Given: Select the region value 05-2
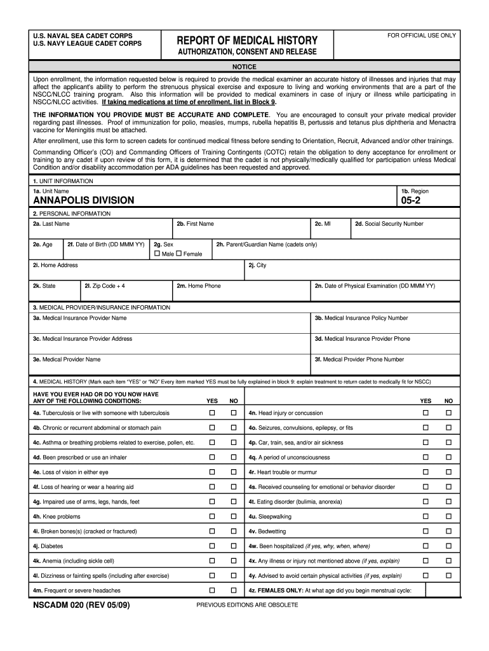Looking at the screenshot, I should tap(410, 200).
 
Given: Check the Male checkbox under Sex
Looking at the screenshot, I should tap(157, 254).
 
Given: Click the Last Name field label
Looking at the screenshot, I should tap(51, 224).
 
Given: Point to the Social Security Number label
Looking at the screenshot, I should tap(389, 224).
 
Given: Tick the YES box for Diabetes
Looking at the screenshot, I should tap(213, 546).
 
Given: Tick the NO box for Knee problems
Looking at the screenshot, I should tap(233, 516).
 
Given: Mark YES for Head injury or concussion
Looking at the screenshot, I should tap(426, 413).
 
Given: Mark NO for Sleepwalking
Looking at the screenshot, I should tap(448, 516).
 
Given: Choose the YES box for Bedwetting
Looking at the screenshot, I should tap(426, 531).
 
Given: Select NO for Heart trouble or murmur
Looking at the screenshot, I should tap(448, 472).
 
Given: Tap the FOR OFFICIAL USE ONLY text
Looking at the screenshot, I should tap(422, 36).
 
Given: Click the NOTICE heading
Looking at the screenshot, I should tap(244, 67).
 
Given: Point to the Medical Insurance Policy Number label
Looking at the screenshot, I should tap(361, 318).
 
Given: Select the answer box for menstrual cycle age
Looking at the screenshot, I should tap(442, 591).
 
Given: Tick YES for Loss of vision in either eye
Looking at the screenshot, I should tap(213, 472).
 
